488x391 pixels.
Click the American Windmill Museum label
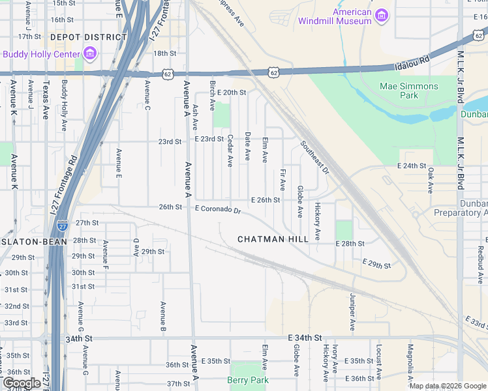point(335,16)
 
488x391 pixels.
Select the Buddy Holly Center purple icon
point(90,53)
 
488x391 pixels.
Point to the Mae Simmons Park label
point(408,91)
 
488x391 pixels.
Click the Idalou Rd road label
point(412,63)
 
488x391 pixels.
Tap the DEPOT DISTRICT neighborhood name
point(88,38)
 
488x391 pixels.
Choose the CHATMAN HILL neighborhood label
point(273,239)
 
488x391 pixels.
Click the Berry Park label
point(248,380)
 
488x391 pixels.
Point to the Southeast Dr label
point(314,157)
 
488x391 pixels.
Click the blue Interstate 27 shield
point(62,225)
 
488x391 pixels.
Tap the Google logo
point(22,383)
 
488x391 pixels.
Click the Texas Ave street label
point(46,100)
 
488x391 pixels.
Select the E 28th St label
point(350,243)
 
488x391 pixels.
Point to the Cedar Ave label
point(230,151)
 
